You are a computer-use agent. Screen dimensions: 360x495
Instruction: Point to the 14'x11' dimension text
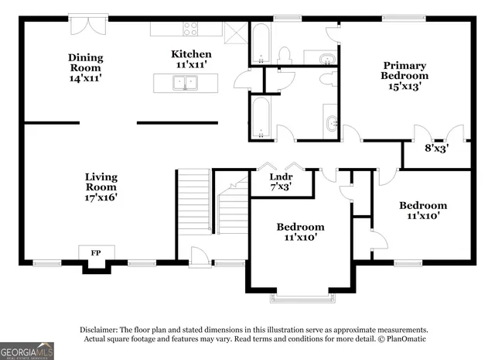coord(85,79)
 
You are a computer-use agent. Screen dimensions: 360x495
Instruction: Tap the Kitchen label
coord(191,53)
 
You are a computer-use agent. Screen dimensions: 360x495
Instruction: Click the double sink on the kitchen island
coord(183,83)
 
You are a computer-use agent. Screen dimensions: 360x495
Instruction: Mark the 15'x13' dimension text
coord(404,87)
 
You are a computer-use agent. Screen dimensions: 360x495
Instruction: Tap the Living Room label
coord(101,182)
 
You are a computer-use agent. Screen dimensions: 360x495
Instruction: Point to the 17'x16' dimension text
coord(101,198)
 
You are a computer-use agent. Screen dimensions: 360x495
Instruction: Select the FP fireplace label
coord(96,253)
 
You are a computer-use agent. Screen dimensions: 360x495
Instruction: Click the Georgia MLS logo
coord(27,351)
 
